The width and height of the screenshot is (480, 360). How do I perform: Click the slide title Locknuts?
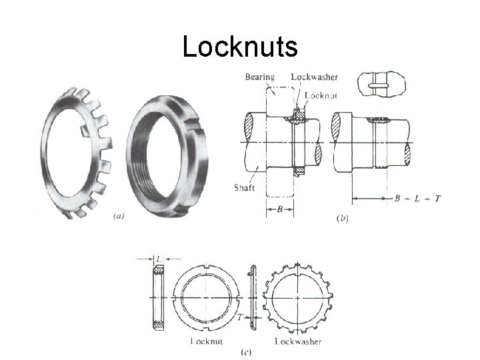point(240,46)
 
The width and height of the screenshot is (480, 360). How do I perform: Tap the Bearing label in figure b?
point(260,77)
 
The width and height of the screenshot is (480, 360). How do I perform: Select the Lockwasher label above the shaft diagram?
point(315,77)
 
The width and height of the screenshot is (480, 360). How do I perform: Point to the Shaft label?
point(244,187)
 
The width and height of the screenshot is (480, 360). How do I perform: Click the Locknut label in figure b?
point(321,95)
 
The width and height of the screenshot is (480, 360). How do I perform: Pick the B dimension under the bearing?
point(280,209)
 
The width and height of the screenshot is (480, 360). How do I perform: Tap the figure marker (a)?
point(119,216)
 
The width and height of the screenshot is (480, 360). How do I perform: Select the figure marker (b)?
point(342,218)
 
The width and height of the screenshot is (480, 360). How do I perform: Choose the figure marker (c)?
point(246,352)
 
